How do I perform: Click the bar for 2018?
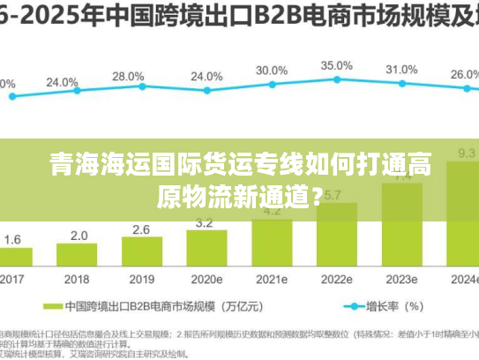point(79,256)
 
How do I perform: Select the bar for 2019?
point(141,252)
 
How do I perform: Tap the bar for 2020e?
point(207,248)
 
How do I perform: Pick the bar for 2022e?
point(335,234)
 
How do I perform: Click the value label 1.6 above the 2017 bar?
point(12,239)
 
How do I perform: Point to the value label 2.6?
point(141,229)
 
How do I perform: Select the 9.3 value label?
point(465,153)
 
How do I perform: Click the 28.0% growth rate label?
point(128,77)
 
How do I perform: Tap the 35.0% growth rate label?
point(336,65)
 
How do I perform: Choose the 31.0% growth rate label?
point(401,70)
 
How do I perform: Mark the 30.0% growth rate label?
point(271,70)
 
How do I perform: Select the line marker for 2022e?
point(336,79)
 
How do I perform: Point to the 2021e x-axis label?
point(272,279)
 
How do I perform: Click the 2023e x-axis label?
point(401,279)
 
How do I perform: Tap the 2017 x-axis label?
point(12,279)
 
